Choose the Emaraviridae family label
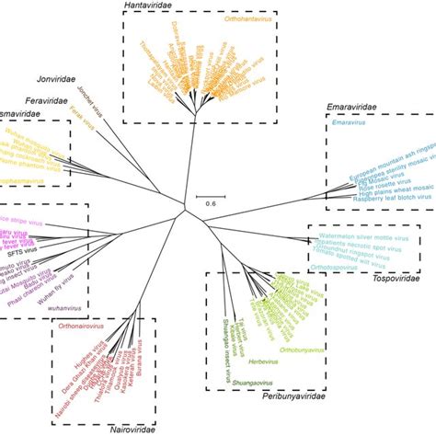coord(354,109)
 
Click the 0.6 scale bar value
coord(210,201)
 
